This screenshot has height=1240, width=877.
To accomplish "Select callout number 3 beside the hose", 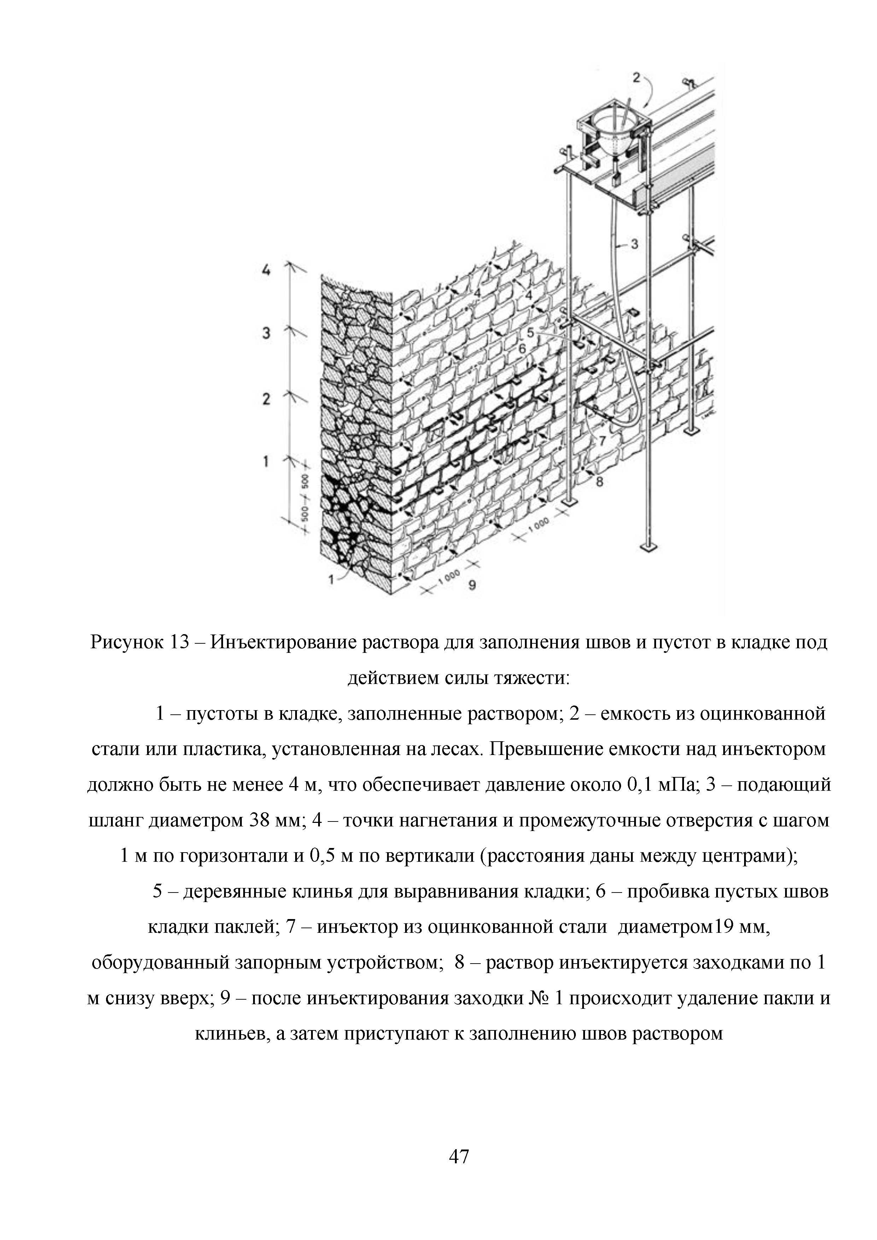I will (635, 244).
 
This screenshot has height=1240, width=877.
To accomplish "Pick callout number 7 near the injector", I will (602, 441).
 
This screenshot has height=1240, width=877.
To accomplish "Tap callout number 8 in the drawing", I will (598, 481).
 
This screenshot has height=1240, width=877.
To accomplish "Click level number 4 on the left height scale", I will (266, 270).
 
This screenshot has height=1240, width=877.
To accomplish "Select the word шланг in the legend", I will (115, 820).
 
